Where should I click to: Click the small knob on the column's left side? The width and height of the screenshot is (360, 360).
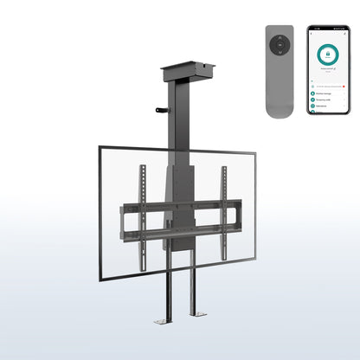[x=159, y=110]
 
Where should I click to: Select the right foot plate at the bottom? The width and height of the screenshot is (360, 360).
[x=194, y=321]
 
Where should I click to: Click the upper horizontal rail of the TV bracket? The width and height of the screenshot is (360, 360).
[x=180, y=207]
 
